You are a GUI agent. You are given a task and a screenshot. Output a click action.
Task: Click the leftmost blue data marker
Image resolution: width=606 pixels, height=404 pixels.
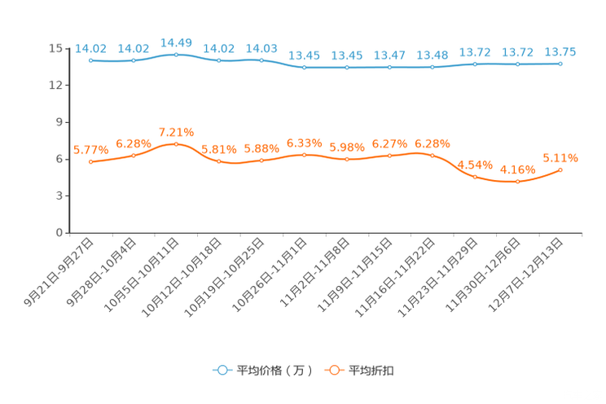[x=91, y=60]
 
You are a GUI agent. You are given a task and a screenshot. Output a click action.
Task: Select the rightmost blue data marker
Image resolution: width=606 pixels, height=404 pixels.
[x=560, y=63]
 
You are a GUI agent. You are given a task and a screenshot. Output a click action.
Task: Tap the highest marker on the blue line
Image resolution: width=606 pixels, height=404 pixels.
[x=176, y=54]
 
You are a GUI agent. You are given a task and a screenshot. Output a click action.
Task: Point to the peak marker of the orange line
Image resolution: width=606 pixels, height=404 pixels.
[x=176, y=144]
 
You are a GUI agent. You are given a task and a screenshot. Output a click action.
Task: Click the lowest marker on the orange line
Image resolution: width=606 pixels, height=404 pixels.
[x=518, y=182]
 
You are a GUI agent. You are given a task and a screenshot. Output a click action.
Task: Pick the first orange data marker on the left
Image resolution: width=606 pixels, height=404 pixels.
[x=91, y=162]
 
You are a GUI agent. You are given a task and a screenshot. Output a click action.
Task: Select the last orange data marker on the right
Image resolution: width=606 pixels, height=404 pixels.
[x=560, y=169]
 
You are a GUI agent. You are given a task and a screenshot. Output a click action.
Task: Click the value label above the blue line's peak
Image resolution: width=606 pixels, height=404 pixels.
[x=176, y=42]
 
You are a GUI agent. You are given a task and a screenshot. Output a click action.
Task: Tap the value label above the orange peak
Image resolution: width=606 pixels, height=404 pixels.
[x=176, y=132]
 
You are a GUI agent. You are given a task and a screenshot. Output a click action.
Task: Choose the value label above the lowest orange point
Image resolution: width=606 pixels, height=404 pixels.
[x=518, y=169]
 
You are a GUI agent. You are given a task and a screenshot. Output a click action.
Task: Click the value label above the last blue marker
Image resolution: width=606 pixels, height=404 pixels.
[x=560, y=52]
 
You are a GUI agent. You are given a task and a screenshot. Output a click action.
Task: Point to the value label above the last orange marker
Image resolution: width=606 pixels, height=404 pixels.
[x=560, y=158]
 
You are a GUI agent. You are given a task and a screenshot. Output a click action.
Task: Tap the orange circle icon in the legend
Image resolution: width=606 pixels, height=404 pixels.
[x=333, y=370]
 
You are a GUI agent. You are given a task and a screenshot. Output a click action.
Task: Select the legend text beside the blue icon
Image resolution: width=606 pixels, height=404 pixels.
[x=273, y=371]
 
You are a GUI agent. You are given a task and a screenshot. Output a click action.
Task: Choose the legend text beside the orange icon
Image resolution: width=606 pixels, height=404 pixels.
[x=371, y=371]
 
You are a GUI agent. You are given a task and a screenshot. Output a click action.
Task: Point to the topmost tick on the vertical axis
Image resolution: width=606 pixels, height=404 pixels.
[x=66, y=48]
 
